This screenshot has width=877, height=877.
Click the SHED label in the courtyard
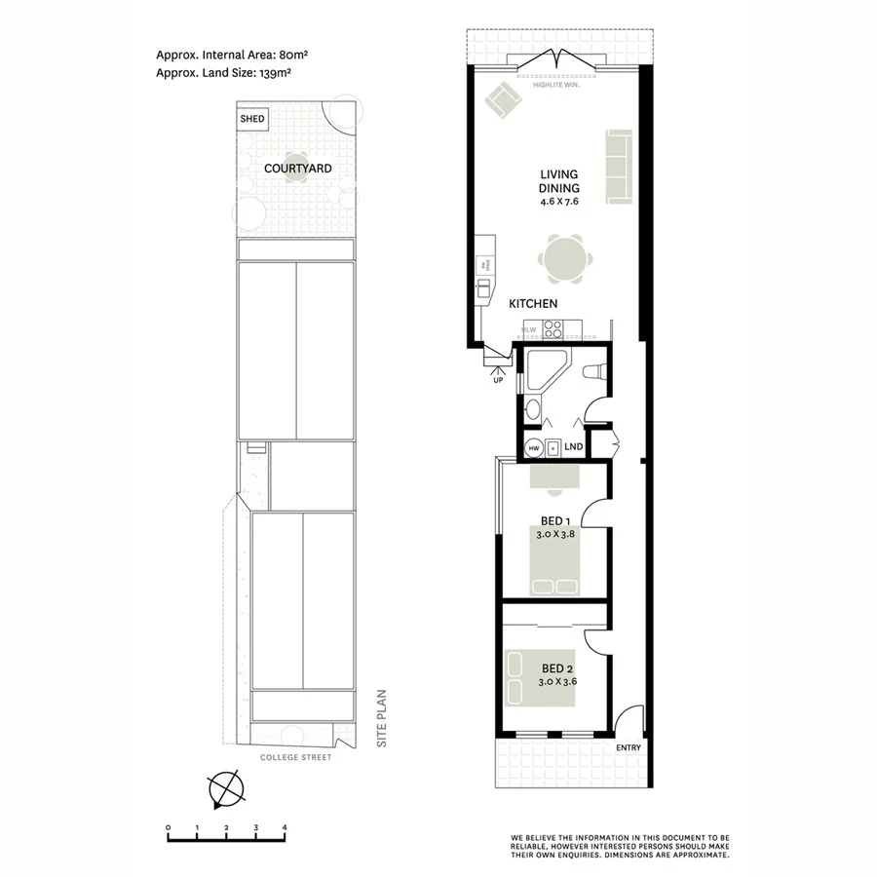[251, 119]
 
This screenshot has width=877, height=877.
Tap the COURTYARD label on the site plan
[298, 169]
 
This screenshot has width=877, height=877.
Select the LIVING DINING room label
[559, 182]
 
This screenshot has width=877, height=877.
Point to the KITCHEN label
[533, 304]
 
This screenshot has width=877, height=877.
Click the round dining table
[566, 258]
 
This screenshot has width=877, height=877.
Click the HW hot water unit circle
[532, 448]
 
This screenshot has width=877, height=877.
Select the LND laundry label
[574, 447]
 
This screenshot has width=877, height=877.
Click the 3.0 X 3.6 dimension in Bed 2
[557, 682]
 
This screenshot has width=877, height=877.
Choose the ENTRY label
[629, 748]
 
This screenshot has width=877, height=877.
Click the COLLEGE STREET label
[298, 757]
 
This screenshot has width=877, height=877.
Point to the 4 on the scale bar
[284, 827]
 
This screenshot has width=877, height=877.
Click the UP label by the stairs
[500, 379]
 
